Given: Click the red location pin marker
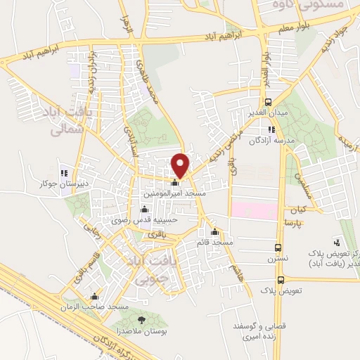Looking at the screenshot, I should (x=181, y=165).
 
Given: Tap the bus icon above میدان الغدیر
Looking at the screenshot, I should (x=267, y=102).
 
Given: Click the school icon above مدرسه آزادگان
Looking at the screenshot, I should (x=271, y=129).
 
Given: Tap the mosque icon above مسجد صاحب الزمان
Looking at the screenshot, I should (x=95, y=296).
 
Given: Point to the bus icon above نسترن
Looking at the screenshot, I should (x=279, y=248).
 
